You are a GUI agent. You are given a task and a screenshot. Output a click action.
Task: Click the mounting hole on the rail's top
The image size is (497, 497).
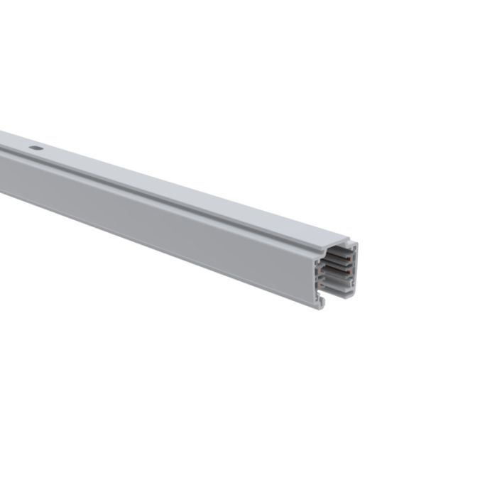[x=34, y=149]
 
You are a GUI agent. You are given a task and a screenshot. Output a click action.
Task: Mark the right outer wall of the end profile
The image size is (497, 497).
[x=355, y=270]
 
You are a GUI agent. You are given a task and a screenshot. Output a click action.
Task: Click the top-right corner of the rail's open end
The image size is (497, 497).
[x=356, y=244]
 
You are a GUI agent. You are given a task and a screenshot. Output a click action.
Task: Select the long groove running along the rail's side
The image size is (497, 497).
[x=142, y=192]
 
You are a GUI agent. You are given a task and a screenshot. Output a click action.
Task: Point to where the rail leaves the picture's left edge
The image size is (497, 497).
[x=2, y=163]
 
